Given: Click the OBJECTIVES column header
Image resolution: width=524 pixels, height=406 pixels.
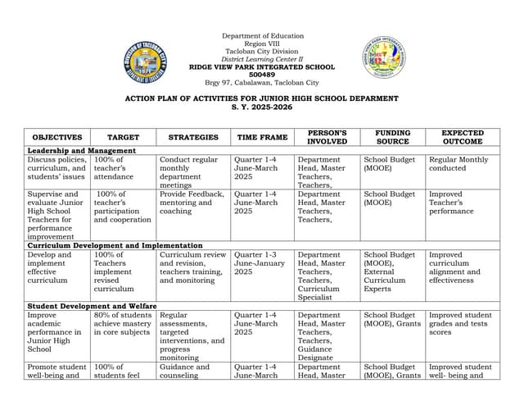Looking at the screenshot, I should coord(57,137).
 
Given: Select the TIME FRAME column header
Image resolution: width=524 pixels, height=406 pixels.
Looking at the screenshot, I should coord(262,137).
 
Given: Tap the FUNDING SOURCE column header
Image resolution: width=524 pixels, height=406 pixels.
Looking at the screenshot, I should coord(392,137).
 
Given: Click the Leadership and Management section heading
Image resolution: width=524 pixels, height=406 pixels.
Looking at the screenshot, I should coord(81,151).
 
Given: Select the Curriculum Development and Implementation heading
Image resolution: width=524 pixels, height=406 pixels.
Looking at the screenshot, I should coord(115,245).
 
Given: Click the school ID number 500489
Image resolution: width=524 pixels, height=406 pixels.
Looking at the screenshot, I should coord(262,75).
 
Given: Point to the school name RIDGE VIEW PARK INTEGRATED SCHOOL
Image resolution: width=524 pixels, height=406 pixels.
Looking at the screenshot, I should coord(262,66).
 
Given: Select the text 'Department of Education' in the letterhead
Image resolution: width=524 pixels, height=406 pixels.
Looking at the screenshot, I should coord(262,36).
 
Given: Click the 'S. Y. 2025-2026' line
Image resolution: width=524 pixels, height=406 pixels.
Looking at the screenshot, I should coord(262,107).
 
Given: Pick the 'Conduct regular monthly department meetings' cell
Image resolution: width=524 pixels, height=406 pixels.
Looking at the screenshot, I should coord(192,172).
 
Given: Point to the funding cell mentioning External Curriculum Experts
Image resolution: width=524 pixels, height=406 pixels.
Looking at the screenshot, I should coord(392,271).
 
